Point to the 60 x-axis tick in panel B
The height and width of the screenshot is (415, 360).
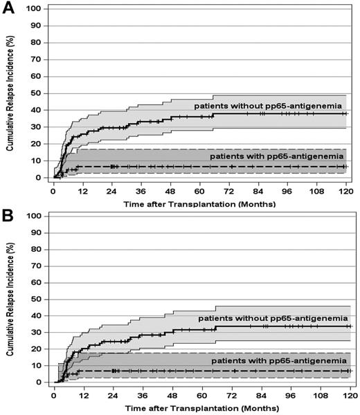pyautogui.click(x=201, y=396)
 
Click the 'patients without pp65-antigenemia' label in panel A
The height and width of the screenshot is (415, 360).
pyautogui.click(x=269, y=105)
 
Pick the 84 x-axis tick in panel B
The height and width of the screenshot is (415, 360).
pyautogui.click(x=261, y=396)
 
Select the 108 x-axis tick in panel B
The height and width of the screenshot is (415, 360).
pyautogui.click(x=320, y=396)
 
